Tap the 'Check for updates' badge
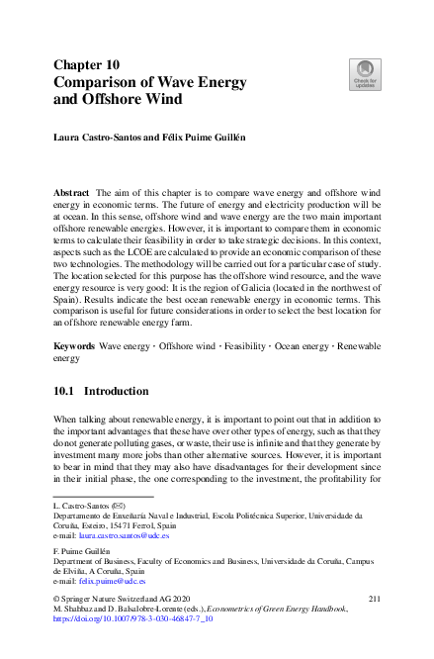point(364,75)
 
